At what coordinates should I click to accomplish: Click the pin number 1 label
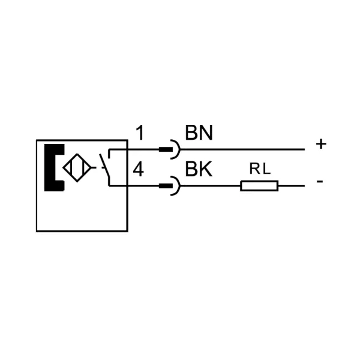pyautogui.click(x=140, y=133)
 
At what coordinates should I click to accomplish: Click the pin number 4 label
pyautogui.click(x=139, y=169)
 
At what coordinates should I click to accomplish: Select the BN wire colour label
pyautogui.click(x=199, y=133)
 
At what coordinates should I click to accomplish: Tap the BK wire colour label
pyautogui.click(x=199, y=169)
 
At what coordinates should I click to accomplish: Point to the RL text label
pyautogui.click(x=260, y=169)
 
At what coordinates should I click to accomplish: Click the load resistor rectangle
pyautogui.click(x=259, y=186)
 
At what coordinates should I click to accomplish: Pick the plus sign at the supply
pyautogui.click(x=321, y=144)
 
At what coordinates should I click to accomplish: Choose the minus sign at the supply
pyautogui.click(x=320, y=182)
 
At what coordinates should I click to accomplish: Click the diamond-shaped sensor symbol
pyautogui.click(x=77, y=168)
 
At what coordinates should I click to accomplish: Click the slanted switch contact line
pyautogui.click(x=104, y=166)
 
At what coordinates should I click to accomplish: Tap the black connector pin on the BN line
pyautogui.click(x=166, y=149)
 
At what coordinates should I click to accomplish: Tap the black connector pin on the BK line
pyautogui.click(x=166, y=186)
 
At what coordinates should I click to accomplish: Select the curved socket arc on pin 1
pyautogui.click(x=180, y=149)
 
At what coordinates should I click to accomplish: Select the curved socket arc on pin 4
pyautogui.click(x=180, y=186)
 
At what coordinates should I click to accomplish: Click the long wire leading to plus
pyautogui.click(x=242, y=149)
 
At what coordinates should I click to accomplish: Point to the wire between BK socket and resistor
pyautogui.click(x=211, y=186)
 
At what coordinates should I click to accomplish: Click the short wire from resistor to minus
pyautogui.click(x=292, y=186)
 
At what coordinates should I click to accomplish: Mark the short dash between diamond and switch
pyautogui.click(x=94, y=168)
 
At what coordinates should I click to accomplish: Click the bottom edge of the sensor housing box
pyautogui.click(x=82, y=231)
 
